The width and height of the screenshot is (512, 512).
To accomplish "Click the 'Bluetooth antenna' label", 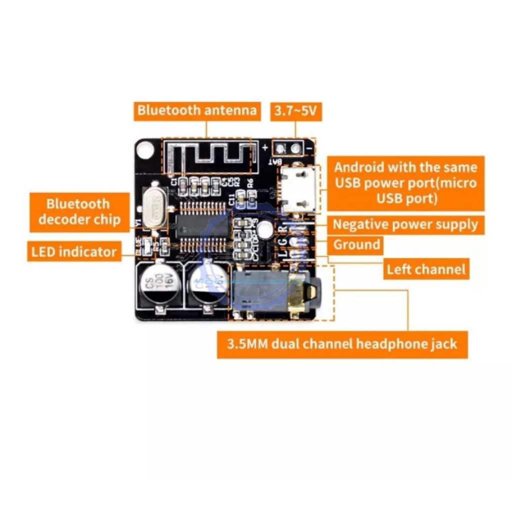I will coord(197,110).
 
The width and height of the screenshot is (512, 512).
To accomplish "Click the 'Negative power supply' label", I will coord(405,224).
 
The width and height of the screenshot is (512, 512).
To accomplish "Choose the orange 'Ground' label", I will coord(356,245).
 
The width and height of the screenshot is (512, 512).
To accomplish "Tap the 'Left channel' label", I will coord(426,269).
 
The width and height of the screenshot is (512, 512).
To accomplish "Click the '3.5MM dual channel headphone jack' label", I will coord(342,344).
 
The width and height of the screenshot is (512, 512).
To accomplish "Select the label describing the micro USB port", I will coord(405,182).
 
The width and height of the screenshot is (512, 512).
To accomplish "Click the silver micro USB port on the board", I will coord(298,190).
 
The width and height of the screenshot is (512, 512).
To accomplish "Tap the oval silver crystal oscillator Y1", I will coord(154,208).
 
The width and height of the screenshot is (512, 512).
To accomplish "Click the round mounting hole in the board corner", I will coord(145,149).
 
